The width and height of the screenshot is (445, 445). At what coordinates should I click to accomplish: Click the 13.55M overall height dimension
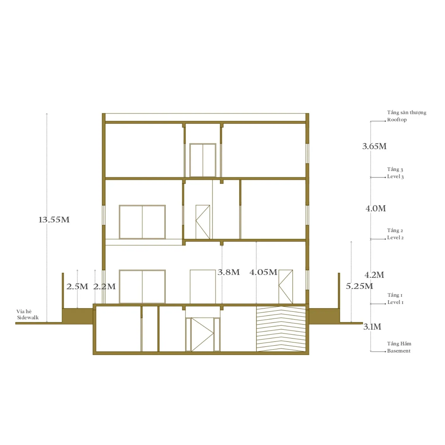(54, 220)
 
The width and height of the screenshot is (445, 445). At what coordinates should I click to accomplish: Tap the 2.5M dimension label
(77, 287)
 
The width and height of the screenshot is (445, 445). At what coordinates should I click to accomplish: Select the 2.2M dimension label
(104, 287)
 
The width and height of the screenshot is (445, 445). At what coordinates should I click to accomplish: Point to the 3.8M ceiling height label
(228, 272)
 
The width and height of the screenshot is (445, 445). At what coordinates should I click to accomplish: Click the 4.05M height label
(263, 272)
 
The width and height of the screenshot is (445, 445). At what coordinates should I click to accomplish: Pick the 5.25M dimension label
(360, 286)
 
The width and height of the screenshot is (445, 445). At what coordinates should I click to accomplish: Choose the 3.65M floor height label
(374, 146)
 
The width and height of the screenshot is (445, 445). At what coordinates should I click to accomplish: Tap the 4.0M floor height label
(376, 209)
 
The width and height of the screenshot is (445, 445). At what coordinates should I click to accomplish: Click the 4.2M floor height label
(374, 275)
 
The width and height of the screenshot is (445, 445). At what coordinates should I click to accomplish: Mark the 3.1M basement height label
(372, 327)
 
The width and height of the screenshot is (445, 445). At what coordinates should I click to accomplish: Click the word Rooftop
(397, 120)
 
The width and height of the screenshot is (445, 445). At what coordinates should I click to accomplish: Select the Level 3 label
(395, 177)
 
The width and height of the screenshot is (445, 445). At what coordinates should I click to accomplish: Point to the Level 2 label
(395, 238)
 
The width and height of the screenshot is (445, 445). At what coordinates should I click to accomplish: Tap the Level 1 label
(395, 302)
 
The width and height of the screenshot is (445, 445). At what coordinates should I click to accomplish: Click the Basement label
(399, 351)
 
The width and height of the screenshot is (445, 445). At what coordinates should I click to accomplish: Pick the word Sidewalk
(28, 318)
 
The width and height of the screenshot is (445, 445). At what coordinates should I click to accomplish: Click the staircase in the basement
(281, 329)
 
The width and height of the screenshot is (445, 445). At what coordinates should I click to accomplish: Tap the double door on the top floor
(203, 160)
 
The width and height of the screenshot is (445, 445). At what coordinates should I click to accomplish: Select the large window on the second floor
(142, 222)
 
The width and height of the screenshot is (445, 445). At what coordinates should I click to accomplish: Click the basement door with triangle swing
(203, 334)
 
